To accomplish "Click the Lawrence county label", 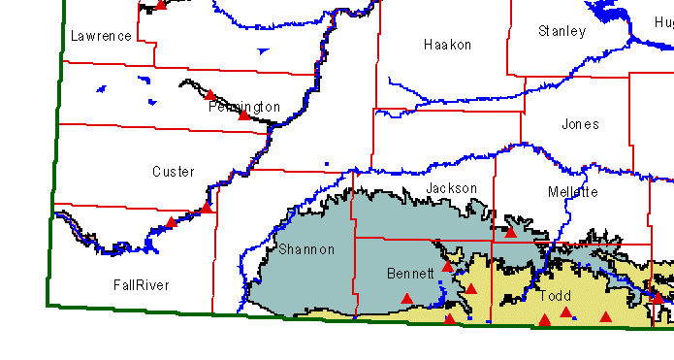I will pos(101,37).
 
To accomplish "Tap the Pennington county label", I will pos(244,107).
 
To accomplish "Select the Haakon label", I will pos(447,45).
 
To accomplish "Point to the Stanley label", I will pos(562,32).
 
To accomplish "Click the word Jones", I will pos(580,124).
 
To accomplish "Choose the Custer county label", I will pos(174,172).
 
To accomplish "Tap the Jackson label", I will pos(452,188).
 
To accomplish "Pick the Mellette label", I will pos(572,192).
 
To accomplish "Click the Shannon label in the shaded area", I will pos(306,249).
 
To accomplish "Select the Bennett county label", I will pos(410,273).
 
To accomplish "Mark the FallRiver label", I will pos(141,285).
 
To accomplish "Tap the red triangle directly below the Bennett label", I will pos(407,298).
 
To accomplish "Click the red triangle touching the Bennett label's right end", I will pos(447,266).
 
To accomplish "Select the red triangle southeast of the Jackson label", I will pos(511,231).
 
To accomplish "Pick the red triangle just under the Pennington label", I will pos(244,115).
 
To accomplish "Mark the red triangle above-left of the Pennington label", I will pos(209,95).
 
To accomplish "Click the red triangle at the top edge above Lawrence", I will pos(161,6).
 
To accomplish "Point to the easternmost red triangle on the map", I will pos(657,298).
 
